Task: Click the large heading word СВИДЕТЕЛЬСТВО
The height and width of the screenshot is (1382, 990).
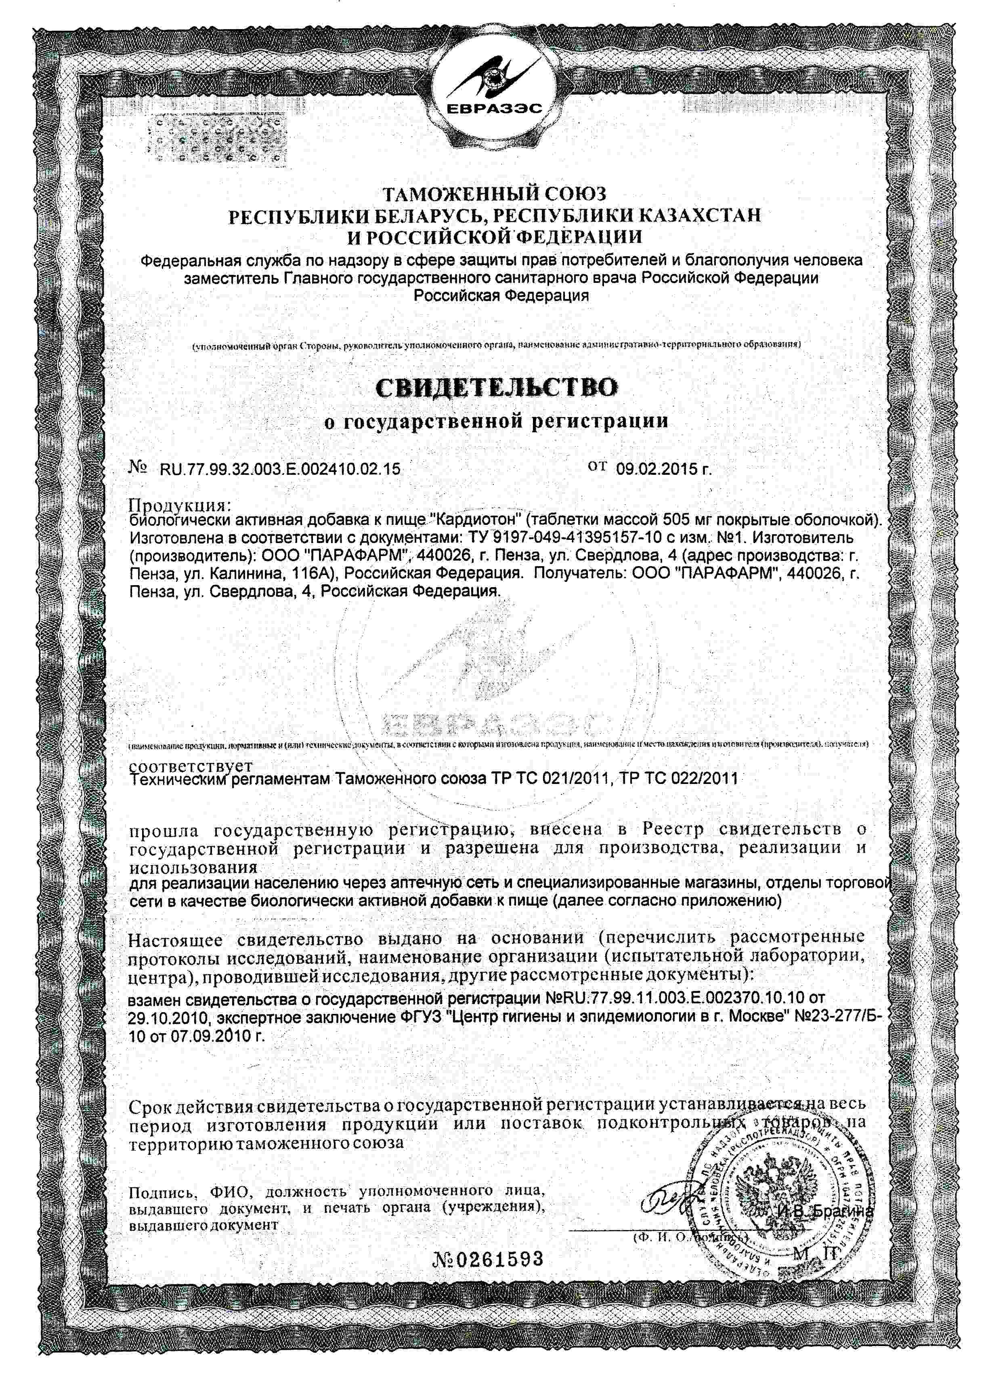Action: [496, 388]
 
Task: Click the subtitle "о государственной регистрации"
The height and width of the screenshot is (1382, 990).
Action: [496, 421]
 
